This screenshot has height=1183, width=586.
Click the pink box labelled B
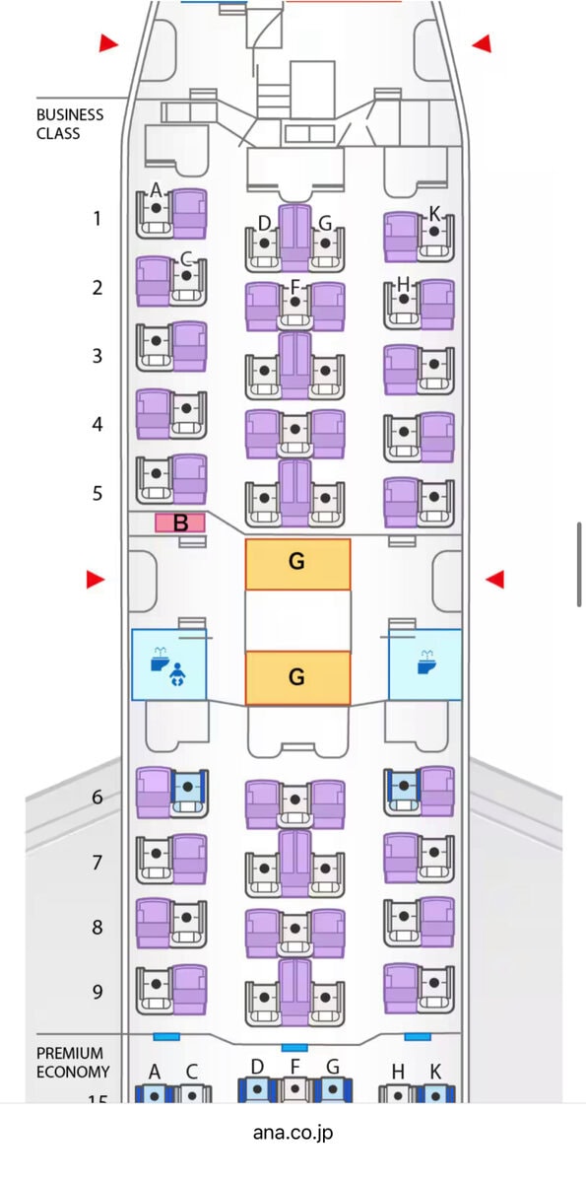(180, 522)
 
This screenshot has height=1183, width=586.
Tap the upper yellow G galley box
(297, 564)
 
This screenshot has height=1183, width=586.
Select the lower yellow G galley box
(297, 677)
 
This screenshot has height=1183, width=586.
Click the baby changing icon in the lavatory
(177, 675)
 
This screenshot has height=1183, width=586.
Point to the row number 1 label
(98, 218)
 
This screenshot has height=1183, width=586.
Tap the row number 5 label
(98, 493)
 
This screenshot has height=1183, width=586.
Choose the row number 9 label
(98, 992)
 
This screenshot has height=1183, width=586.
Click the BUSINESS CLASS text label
(70, 124)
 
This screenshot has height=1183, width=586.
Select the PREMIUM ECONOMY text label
(73, 1063)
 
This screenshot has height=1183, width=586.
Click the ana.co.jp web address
(293, 1133)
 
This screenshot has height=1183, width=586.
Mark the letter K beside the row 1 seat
(434, 214)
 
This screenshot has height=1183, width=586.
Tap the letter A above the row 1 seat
(156, 189)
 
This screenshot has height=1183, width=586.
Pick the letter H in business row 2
(404, 284)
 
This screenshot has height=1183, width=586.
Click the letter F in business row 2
(294, 287)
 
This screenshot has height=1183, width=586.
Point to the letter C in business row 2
(186, 259)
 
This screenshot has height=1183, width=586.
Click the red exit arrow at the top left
(108, 43)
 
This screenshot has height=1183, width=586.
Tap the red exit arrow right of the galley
(494, 579)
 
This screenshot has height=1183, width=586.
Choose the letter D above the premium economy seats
(257, 1067)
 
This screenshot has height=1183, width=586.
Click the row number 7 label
(98, 862)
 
